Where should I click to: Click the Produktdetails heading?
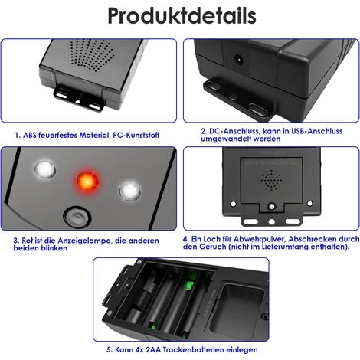coord(182,16)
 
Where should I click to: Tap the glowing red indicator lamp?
coord(87,180)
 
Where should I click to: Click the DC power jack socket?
coord(238,61)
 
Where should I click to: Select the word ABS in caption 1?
coord(30,135)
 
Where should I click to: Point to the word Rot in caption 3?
coord(27,241)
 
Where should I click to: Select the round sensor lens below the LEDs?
coord(77,218)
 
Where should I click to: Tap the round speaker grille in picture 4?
coord(271,180)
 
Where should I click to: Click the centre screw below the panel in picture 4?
coord(272,206)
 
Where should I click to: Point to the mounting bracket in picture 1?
coord(79,98)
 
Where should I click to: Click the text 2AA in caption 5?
coord(153,349)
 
